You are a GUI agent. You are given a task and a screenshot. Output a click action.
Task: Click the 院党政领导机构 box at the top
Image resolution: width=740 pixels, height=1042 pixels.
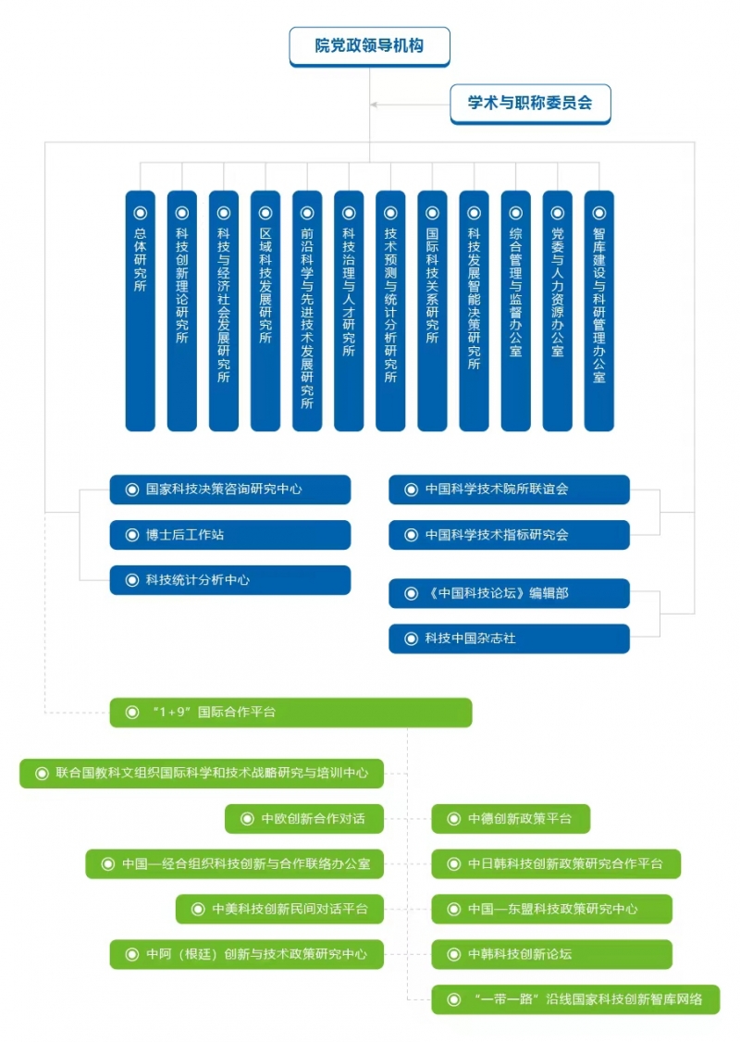(369, 46)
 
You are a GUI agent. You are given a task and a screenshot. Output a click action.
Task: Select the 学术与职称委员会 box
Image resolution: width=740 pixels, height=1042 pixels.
(530, 104)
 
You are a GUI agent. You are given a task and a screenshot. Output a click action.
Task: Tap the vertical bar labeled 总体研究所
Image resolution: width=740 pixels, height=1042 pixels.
(141, 311)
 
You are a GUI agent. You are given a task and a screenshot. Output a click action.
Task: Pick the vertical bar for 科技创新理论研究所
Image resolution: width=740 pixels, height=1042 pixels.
(182, 311)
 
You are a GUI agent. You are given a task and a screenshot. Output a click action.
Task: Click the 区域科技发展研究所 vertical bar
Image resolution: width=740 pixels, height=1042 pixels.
(265, 311)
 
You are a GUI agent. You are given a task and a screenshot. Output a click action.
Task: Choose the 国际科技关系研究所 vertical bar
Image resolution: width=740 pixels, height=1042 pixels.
(433, 311)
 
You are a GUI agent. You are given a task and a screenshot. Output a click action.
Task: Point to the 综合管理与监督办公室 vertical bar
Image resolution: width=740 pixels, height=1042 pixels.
(515, 311)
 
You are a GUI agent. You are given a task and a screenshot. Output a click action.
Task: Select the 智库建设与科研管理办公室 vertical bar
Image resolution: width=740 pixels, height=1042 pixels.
(599, 311)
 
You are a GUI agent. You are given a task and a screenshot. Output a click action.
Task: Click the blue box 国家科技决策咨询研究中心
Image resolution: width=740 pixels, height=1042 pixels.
(229, 490)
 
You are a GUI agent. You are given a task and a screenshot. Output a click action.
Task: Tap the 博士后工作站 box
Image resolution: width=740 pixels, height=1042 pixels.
(229, 535)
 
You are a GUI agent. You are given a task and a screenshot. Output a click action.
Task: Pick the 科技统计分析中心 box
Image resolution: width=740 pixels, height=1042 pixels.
(229, 580)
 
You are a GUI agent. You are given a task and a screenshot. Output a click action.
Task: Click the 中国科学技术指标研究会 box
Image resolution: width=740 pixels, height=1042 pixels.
(509, 535)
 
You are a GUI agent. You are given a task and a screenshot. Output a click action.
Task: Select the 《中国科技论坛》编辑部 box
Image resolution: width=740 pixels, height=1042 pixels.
(509, 593)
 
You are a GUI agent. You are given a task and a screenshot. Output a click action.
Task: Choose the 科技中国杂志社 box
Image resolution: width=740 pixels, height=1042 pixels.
(509, 639)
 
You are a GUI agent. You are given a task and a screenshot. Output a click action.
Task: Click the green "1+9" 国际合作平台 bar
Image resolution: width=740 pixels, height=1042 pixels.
(291, 713)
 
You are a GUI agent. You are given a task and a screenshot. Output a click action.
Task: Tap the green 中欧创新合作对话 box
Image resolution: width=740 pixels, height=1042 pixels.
(304, 819)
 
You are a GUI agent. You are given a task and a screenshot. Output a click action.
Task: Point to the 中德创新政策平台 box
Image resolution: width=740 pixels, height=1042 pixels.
(511, 819)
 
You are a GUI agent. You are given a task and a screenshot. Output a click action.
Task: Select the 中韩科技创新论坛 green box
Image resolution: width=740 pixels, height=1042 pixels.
(552, 954)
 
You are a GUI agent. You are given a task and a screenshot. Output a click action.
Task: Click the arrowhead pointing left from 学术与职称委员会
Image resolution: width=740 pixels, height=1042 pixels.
(374, 105)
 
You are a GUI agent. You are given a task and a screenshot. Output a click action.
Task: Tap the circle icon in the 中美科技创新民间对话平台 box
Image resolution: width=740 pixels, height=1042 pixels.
(197, 909)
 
